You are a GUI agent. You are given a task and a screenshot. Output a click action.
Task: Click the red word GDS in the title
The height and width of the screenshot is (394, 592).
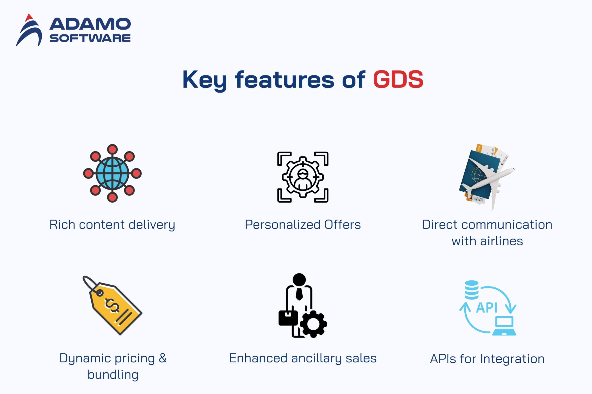click(398, 79)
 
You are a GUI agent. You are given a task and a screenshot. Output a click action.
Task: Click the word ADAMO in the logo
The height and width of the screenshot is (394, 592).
click(90, 24)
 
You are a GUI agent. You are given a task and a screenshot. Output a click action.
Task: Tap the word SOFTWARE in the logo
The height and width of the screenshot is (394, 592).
click(90, 38)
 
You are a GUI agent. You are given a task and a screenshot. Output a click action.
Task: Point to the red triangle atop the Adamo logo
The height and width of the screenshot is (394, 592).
click(29, 18)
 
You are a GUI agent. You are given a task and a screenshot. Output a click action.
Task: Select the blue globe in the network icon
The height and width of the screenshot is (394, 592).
click(112, 173)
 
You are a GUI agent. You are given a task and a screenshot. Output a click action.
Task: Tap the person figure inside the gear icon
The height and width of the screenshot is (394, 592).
click(302, 180)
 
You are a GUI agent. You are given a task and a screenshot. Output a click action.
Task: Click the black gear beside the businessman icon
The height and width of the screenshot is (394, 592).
click(313, 324)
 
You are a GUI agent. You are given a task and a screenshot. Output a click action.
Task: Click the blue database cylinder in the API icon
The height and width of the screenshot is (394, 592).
click(472, 290)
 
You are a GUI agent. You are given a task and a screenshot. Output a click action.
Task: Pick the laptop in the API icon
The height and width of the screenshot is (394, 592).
click(504, 326)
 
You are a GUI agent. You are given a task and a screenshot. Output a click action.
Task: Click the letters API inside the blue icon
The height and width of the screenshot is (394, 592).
click(487, 308)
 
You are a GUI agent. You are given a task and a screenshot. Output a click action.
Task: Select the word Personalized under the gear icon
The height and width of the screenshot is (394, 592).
click(283, 225)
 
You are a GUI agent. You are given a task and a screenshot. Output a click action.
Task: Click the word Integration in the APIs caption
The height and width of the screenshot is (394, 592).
click(512, 359)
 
